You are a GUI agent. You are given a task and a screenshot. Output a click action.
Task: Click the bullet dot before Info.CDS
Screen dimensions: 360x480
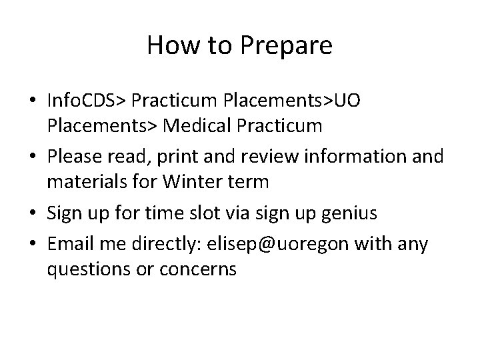click(33, 101)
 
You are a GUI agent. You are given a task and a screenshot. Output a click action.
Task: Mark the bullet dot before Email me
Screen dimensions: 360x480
click(33, 244)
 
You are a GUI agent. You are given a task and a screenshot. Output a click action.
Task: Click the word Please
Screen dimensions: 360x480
click(75, 157)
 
